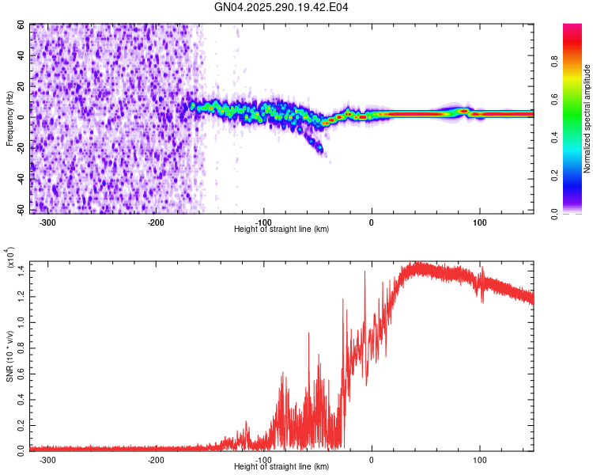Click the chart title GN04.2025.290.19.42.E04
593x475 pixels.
point(282,7)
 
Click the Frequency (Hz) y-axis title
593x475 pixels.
point(9,119)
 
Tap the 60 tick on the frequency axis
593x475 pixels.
point(21,25)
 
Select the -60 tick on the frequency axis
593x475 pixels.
point(20,209)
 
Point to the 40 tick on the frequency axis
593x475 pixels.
point(21,55)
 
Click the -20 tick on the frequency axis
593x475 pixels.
point(20,147)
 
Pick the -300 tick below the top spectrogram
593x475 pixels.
point(47,222)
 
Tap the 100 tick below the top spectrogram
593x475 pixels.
point(479,222)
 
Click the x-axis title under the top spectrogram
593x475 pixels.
point(281,229)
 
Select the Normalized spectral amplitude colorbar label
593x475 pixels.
point(587,119)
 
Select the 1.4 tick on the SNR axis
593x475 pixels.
point(21,271)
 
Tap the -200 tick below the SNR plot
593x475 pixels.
point(156,459)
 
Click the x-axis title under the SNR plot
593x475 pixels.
point(281,466)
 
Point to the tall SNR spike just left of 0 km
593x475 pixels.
point(364,273)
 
